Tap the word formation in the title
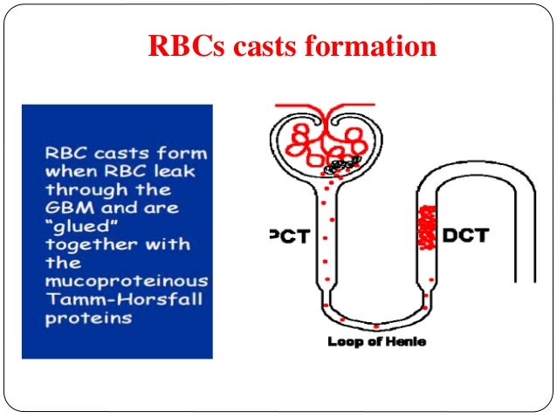372,45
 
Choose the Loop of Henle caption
376,342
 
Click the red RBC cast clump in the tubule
428,229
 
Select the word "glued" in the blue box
72,226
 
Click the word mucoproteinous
127,280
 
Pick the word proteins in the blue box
88,318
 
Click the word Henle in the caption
407,342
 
